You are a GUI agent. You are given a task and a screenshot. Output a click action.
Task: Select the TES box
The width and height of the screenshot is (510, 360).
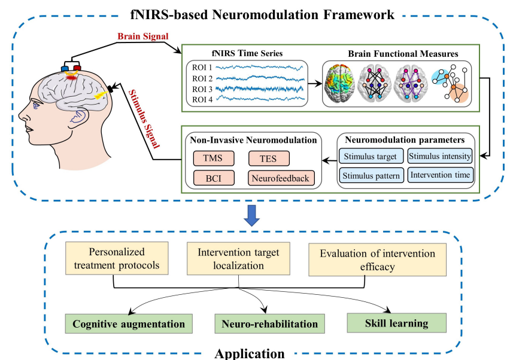[268, 158]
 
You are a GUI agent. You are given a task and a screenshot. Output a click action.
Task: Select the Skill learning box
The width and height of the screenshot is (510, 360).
[398, 324]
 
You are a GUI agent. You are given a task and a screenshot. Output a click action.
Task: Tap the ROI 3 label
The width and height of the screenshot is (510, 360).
[202, 89]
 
